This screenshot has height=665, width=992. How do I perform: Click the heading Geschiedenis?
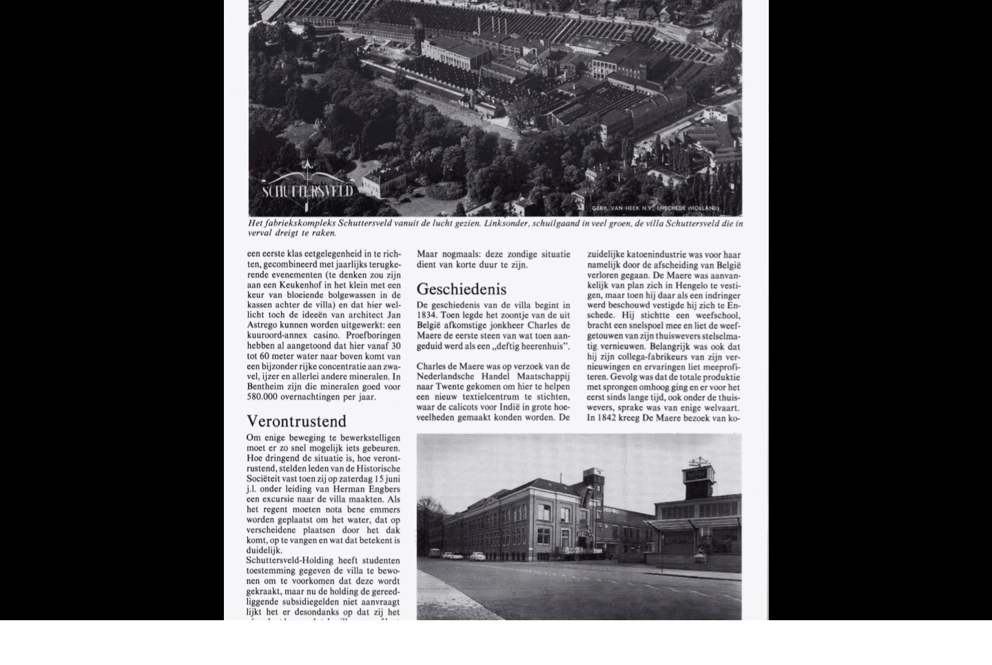point(461,289)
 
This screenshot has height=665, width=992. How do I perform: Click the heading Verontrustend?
point(296,421)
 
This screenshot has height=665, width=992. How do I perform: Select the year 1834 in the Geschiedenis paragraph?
point(426,315)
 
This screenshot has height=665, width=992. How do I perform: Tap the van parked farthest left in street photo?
point(448,555)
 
